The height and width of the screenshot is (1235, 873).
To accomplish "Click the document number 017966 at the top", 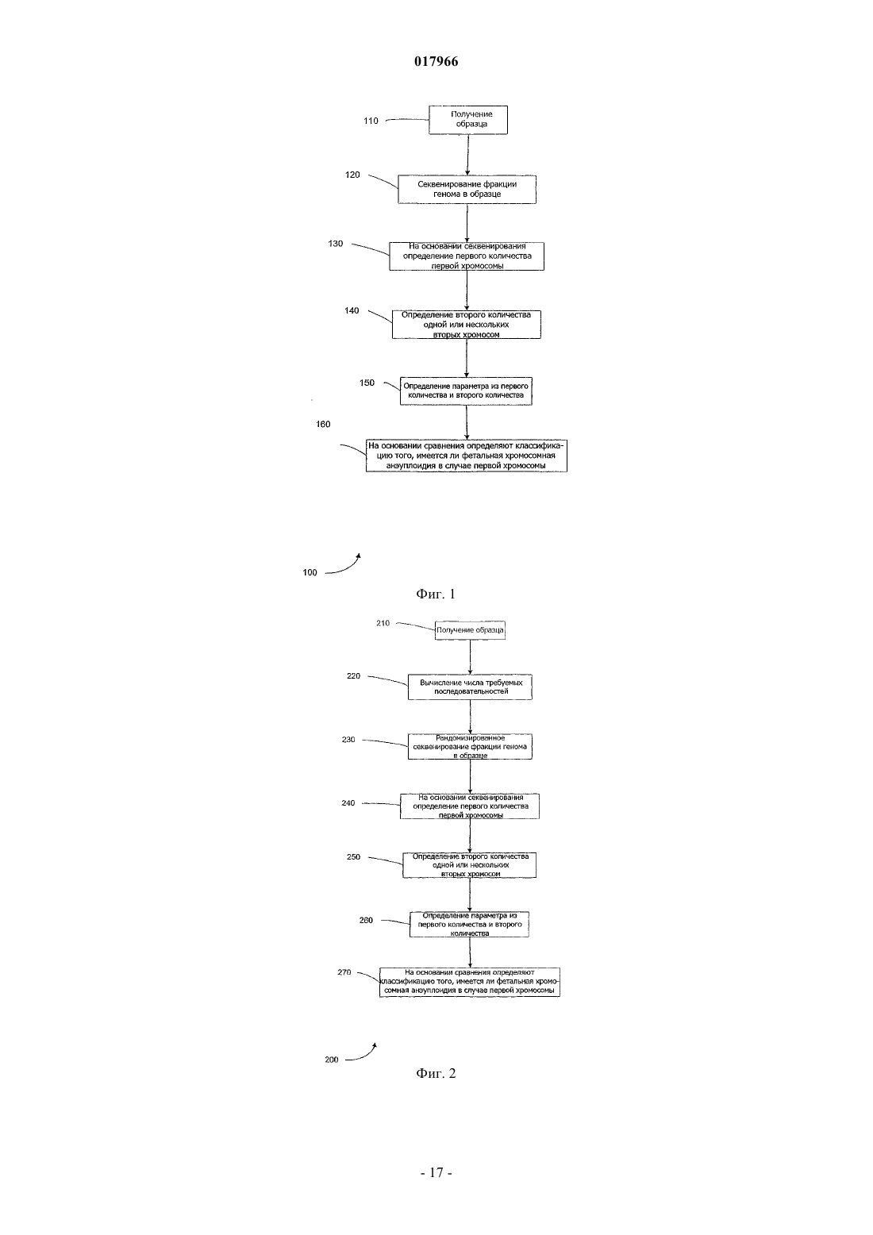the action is click(x=436, y=61).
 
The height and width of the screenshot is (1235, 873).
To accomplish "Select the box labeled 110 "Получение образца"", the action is click(x=468, y=120).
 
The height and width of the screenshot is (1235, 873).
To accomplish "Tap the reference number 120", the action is click(x=352, y=175).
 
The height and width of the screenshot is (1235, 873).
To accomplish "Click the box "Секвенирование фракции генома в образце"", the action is click(x=467, y=190).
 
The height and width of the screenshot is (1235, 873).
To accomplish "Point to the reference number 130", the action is click(x=335, y=244).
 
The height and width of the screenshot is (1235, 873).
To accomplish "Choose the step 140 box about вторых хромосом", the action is click(x=467, y=324).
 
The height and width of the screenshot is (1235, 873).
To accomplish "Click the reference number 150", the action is click(x=367, y=383).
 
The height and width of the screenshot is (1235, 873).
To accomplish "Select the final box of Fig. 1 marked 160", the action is click(x=467, y=456).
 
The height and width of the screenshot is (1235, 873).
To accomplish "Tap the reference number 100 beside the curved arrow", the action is click(x=310, y=572).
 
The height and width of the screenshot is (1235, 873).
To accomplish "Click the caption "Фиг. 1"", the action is click(x=436, y=594).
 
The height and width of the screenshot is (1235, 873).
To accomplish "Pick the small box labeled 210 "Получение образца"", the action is click(x=470, y=630).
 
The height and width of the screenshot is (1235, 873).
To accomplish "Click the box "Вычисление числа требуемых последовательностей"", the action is click(x=470, y=687).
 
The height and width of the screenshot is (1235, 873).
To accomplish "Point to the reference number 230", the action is click(x=348, y=740).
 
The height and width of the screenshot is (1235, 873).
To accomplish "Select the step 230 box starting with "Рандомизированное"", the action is click(x=470, y=747).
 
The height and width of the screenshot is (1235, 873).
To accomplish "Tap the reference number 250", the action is click(x=353, y=856).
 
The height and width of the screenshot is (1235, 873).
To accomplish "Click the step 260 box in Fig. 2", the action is click(x=469, y=924).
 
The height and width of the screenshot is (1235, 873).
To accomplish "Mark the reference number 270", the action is click(x=344, y=972).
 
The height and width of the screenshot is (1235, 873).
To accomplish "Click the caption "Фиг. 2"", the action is click(x=436, y=1073).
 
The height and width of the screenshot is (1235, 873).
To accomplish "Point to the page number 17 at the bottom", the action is click(x=436, y=1173).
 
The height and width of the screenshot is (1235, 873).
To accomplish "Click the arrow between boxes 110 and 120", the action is click(x=467, y=155).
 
